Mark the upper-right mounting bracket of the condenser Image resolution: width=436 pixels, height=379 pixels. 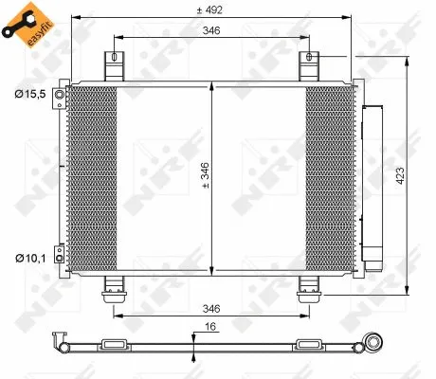(x=308, y=67)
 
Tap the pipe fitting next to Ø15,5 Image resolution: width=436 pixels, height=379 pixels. (x=59, y=98)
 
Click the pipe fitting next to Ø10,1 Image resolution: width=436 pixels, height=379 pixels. (x=59, y=253)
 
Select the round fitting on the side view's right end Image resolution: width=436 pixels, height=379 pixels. (x=374, y=343)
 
